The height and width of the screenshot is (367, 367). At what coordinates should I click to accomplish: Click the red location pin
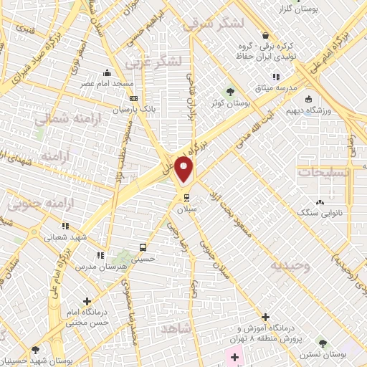[184, 169]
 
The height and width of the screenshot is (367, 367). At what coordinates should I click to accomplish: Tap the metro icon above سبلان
[186, 197]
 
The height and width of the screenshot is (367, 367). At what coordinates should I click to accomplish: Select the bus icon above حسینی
[142, 248]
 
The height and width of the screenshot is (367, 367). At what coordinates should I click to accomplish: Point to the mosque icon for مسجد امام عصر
[107, 72]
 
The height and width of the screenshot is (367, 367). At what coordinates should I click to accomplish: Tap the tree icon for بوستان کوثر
[229, 92]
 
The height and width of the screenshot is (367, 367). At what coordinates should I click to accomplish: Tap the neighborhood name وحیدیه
[290, 265]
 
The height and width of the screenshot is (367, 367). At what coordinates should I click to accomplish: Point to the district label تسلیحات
[324, 173]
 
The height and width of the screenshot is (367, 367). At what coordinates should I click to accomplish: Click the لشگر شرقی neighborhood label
[214, 24]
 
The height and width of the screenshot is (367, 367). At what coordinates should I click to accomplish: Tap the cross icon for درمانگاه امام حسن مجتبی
[87, 302]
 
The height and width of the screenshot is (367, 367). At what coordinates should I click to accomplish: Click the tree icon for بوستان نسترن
[323, 344]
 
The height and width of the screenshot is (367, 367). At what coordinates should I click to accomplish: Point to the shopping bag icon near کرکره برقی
[265, 35]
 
